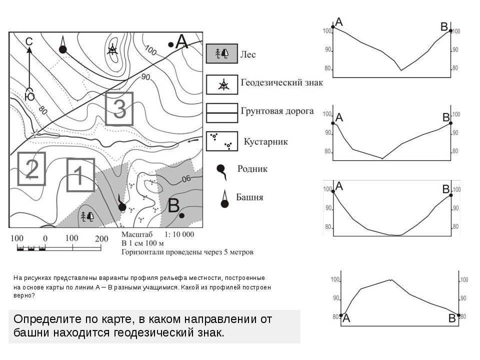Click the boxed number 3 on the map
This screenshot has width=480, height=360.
pos(119,108)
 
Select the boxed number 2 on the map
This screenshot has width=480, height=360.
pos(31,168)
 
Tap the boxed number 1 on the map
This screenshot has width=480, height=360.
pos(80,175)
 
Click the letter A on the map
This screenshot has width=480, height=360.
pos(181,42)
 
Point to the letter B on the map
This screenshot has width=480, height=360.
pos(173,205)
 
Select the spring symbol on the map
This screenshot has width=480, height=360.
pos(121,205)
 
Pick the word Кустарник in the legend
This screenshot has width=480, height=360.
pos(265,141)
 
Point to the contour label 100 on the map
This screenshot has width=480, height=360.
pos(151,50)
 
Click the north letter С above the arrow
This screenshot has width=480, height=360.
pos(29,42)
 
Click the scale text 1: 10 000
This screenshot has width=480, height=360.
pos(179,234)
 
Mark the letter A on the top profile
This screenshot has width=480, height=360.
pos(339,21)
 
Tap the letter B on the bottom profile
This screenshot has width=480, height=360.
pos(452,318)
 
